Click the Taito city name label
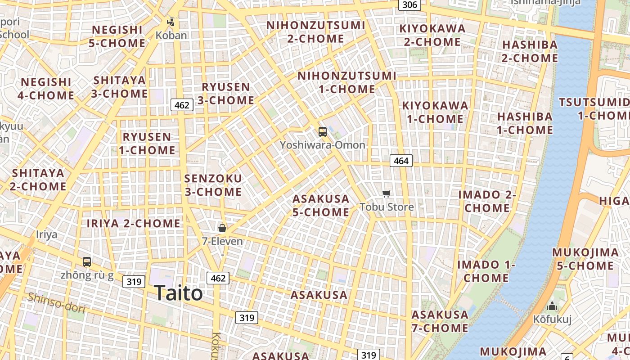(x=178, y=293)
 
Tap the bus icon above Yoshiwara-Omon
(x=323, y=132)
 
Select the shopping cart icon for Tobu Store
(x=386, y=193)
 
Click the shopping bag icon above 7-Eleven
(x=222, y=228)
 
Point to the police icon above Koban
(x=171, y=22)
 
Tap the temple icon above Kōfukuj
(x=552, y=306)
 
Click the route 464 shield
(x=400, y=161)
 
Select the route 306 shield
(x=409, y=5)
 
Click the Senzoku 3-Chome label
(x=213, y=185)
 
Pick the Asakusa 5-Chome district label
(x=321, y=205)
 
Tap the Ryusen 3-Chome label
(x=226, y=93)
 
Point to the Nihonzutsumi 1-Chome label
(x=347, y=82)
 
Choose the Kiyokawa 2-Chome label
(x=432, y=35)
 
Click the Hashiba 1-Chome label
(x=525, y=123)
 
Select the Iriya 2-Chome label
(x=134, y=223)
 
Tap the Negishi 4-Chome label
(x=46, y=89)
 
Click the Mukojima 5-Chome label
(x=585, y=259)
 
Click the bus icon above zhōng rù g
(x=87, y=261)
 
